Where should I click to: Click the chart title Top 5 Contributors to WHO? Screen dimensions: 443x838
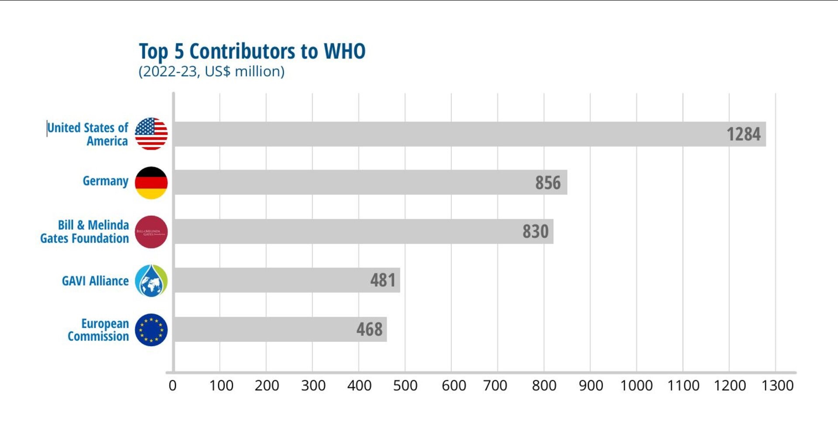click(x=252, y=51)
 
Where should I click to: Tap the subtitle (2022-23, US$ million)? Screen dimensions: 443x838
click(x=212, y=71)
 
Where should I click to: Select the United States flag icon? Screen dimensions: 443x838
click(x=151, y=134)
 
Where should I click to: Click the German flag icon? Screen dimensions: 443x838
click(x=151, y=183)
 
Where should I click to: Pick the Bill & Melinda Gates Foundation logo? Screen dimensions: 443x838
click(x=151, y=232)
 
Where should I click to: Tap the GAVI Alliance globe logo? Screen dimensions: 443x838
click(x=151, y=280)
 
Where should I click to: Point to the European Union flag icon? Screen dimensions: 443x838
click(x=151, y=330)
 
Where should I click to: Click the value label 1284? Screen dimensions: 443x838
click(x=743, y=134)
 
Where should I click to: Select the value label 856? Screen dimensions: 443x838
click(x=548, y=183)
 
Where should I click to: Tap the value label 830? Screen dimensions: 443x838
click(x=535, y=232)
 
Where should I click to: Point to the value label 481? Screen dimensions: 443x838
click(x=383, y=280)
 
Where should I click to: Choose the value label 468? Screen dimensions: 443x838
click(x=369, y=329)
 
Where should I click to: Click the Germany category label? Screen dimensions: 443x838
click(x=106, y=181)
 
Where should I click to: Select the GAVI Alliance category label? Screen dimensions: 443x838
click(x=95, y=281)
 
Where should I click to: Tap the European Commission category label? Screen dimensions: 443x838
click(x=99, y=330)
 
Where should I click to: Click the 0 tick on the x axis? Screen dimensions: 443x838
click(x=173, y=385)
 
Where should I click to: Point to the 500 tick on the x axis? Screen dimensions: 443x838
click(x=405, y=385)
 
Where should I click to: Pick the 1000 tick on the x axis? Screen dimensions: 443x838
click(x=636, y=385)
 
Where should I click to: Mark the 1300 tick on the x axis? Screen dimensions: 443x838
click(x=777, y=385)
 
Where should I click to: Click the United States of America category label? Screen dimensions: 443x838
click(x=88, y=134)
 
